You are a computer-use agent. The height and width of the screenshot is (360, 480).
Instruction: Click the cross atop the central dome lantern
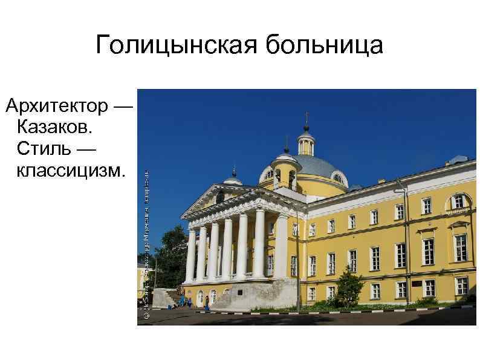tap(306, 116)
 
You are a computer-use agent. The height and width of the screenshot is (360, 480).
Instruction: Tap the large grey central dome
tap(320, 165)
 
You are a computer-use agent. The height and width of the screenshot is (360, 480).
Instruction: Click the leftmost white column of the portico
tap(190, 254)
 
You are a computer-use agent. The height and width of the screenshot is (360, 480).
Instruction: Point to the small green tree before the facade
tap(349, 284)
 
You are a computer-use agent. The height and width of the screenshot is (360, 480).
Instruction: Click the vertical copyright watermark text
tap(146, 242)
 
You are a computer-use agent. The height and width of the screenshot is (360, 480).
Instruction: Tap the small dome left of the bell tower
tap(233, 179)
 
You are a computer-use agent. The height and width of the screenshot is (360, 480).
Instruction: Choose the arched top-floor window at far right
tap(459, 202)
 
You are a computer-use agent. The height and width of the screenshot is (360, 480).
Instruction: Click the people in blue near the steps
tap(185, 300)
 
